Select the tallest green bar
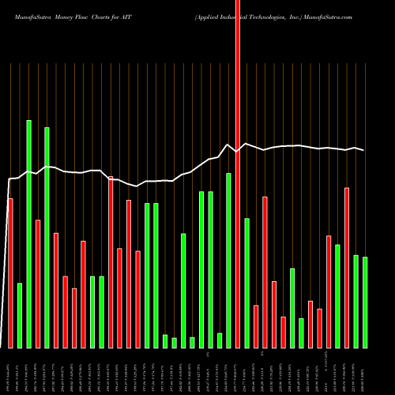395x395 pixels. pyautogui.click(x=28, y=234)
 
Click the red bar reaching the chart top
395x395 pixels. pyautogui.click(x=238, y=174)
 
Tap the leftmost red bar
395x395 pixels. pyautogui.click(x=10, y=273)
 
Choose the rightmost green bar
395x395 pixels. pyautogui.click(x=365, y=302)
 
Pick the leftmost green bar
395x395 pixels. pyautogui.click(x=20, y=315)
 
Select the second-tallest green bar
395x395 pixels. pyautogui.click(x=47, y=237)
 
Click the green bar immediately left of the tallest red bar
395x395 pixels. pyautogui.click(x=228, y=260)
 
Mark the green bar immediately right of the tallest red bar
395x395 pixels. pyautogui.click(x=246, y=283)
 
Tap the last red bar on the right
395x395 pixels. pyautogui.click(x=347, y=267)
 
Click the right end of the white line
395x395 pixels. pyautogui.click(x=365, y=150)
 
